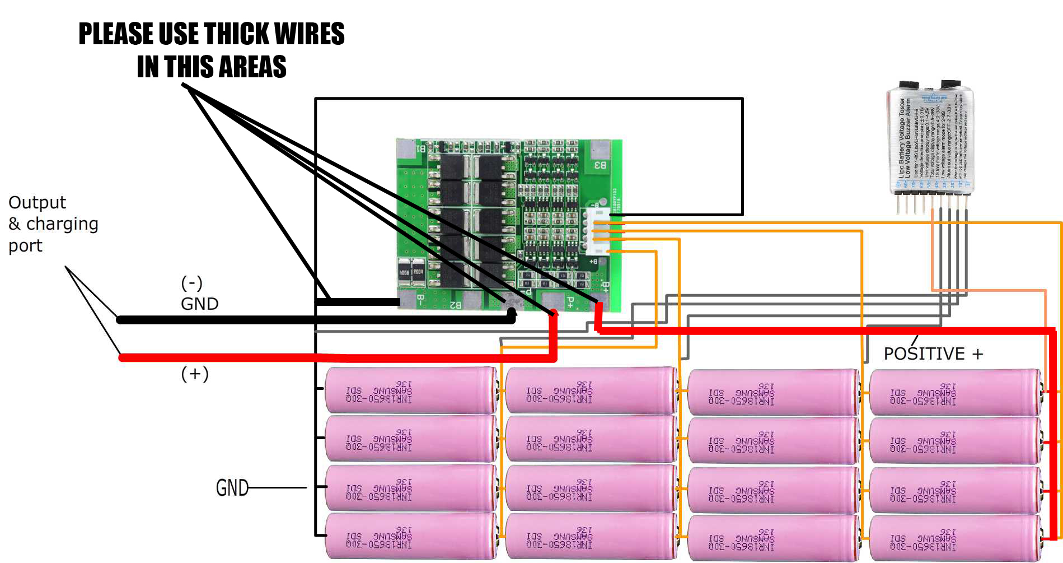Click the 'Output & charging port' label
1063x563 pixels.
click(53, 224)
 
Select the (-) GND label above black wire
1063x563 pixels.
click(198, 294)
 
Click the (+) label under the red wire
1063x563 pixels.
click(194, 374)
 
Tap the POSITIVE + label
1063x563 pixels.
click(933, 354)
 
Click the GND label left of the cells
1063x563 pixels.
click(232, 488)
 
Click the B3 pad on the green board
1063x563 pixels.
click(600, 165)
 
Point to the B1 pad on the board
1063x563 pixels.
click(421, 149)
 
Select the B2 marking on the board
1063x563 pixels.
click(455, 305)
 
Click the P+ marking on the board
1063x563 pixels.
click(570, 303)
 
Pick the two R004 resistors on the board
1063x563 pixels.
click(410, 272)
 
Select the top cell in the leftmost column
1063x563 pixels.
click(410, 391)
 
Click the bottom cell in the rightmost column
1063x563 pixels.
click(954, 538)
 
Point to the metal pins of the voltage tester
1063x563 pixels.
click(932, 204)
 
